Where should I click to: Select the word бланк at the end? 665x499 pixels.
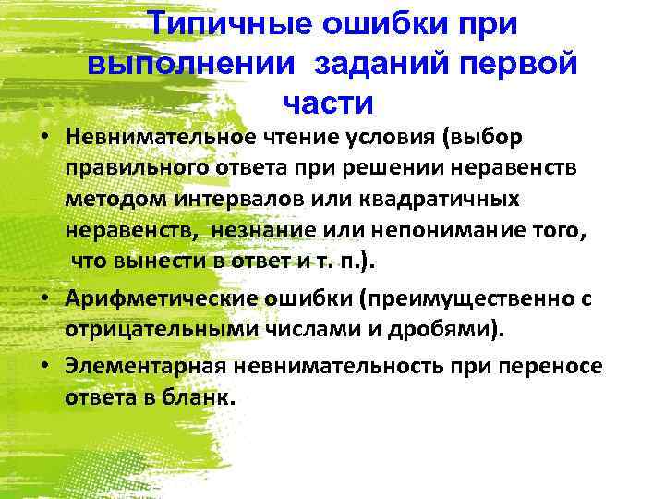[x=206, y=398]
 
